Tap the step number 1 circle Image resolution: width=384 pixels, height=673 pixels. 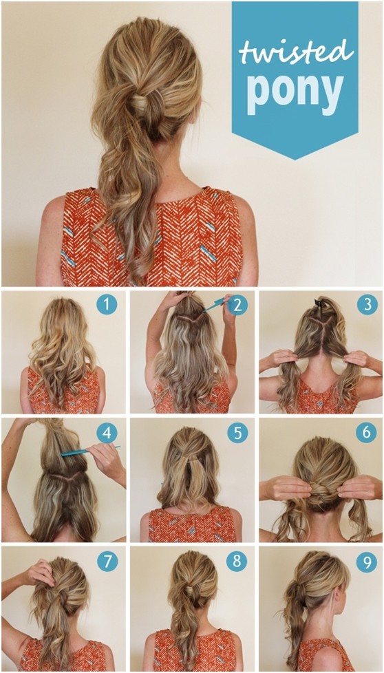[106, 303]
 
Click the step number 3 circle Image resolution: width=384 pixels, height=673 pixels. [366, 303]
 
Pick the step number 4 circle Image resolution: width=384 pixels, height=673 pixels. [106, 433]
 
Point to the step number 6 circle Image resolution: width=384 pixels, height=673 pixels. [366, 433]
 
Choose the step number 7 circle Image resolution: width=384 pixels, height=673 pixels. [106, 561]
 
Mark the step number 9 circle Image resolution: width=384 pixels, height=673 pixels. [366, 561]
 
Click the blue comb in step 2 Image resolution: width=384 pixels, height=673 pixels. [215, 304]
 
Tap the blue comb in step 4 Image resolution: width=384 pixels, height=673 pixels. [86, 451]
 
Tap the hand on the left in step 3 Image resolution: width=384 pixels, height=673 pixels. [281, 359]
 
